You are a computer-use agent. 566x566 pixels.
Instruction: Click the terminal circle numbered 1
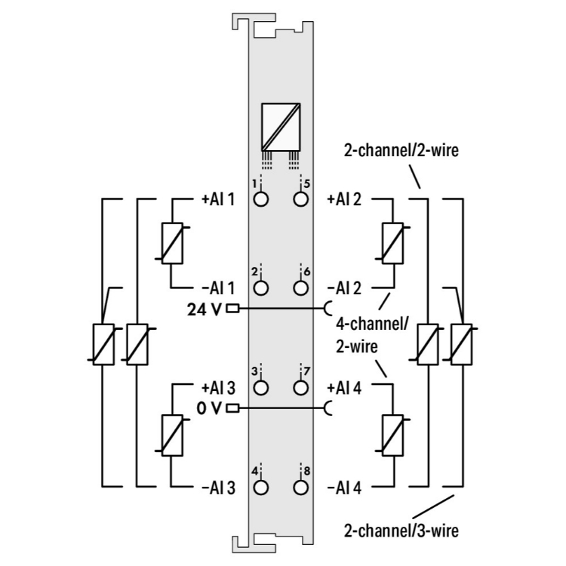click(261, 200)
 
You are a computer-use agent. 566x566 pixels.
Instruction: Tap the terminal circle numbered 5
click(301, 200)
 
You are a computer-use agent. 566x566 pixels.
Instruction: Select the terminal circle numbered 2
click(261, 288)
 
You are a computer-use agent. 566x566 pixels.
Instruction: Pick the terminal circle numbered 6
click(301, 288)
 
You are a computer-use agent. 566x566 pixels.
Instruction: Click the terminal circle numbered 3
click(261, 388)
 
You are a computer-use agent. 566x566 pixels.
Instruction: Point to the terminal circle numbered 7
click(301, 388)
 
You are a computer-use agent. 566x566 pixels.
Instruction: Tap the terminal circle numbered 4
click(261, 487)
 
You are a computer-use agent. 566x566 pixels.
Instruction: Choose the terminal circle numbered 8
click(301, 487)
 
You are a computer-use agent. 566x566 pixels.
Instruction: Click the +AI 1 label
click(218, 200)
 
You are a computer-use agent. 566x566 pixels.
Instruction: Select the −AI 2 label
click(344, 288)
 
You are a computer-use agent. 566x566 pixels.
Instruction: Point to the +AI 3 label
click(218, 388)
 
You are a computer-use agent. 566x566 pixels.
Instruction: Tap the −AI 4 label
click(344, 487)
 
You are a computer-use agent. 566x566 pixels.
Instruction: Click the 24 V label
click(205, 309)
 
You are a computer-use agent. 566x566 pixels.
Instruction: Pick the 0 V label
click(211, 409)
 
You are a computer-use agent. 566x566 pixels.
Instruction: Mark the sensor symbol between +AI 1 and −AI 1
click(172, 244)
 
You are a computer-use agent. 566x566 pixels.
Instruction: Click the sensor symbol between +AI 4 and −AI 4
click(392, 435)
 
